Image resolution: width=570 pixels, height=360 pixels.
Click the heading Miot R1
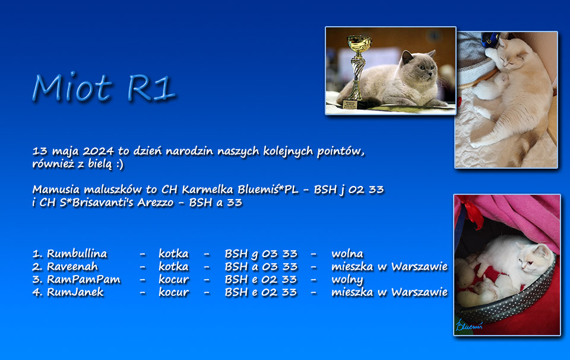103,88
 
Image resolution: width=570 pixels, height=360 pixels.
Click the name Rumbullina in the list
77,254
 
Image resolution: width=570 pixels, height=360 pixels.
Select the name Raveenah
72,267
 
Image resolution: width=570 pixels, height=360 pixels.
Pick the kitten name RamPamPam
84,279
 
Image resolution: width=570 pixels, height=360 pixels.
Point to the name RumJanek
75,292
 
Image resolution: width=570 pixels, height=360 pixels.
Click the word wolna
347,254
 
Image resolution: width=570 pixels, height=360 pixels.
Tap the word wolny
347,280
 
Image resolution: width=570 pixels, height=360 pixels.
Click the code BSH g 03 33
261,254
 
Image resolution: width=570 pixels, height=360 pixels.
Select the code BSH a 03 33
261,267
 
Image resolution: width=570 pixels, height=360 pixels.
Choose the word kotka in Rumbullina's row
173,254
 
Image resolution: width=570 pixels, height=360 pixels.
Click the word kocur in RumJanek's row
173,292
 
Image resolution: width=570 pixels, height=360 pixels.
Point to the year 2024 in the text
98,150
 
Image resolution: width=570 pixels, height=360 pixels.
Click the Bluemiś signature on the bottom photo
469,326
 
